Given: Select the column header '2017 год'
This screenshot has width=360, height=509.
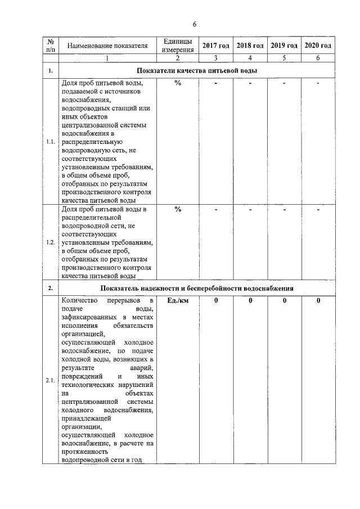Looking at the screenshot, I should tap(216, 46).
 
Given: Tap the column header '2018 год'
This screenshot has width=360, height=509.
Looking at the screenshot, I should tap(250, 46).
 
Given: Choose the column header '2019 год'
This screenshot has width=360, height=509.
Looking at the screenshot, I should tap(284, 46).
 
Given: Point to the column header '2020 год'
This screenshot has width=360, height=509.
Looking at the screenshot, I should tap(318, 46).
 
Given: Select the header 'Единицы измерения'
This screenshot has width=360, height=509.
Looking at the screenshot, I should tap(178, 46).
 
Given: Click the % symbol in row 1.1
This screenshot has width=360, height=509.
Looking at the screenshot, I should tap(178, 84).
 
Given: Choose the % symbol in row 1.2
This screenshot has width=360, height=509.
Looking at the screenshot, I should tap(178, 210).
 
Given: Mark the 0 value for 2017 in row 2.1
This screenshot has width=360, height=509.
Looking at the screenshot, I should tap(216, 301).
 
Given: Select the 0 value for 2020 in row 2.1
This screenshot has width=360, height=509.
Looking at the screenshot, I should tap(318, 301).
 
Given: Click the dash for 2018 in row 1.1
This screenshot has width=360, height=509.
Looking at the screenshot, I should tap(250, 84).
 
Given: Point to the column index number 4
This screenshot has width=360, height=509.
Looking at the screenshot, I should tap(250, 57).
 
